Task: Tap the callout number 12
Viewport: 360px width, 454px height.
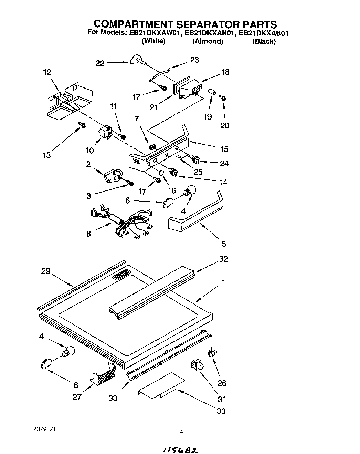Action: [47, 72]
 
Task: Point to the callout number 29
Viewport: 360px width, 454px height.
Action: [45, 271]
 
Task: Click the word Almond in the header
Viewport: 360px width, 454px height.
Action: [208, 41]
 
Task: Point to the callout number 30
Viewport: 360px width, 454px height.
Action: [221, 411]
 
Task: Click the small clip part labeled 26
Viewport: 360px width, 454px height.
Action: [212, 351]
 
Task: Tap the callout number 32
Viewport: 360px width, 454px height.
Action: [223, 259]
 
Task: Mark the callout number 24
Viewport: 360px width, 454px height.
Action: [224, 163]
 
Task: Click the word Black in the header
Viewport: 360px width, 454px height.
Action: [264, 41]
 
